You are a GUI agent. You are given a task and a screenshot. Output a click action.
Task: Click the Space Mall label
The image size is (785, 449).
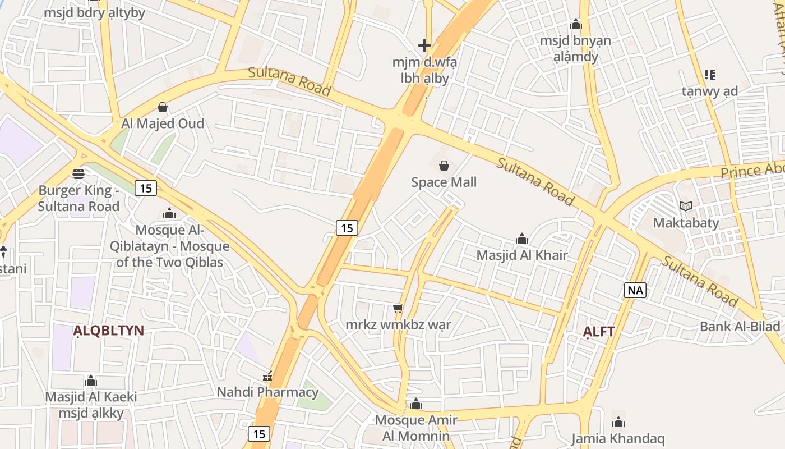pyautogui.click(x=444, y=182)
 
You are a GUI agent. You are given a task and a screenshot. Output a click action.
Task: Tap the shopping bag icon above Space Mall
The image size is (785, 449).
pyautogui.click(x=444, y=166)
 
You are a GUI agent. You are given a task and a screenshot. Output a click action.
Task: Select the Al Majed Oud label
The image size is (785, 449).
pyautogui.click(x=163, y=123)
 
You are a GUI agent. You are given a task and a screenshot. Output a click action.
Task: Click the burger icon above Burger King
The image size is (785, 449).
pyautogui.click(x=78, y=173)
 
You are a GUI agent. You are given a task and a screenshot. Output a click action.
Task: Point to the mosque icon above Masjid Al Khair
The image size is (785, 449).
pyautogui.click(x=522, y=239)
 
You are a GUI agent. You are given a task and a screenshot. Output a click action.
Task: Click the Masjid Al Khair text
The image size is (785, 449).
pyautogui.click(x=522, y=255)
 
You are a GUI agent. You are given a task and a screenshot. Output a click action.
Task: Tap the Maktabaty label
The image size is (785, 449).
pyautogui.click(x=686, y=223)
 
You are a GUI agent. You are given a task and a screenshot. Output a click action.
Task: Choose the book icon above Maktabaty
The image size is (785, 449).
pyautogui.click(x=686, y=206)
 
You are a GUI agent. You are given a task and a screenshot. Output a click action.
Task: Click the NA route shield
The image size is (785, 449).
pyautogui.click(x=635, y=290)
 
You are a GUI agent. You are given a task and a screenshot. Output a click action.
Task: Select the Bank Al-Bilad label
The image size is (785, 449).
pyautogui.click(x=740, y=327)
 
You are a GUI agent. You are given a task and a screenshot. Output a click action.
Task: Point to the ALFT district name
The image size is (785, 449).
pyautogui.click(x=599, y=332)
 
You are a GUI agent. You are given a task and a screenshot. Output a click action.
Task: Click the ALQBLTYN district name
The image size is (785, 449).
pyautogui.click(x=109, y=331)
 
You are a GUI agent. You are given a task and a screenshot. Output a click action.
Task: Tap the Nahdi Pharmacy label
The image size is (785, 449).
pyautogui.click(x=267, y=392)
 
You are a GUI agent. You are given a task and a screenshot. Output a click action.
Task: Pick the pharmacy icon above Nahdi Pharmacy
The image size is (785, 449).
pyautogui.click(x=268, y=376)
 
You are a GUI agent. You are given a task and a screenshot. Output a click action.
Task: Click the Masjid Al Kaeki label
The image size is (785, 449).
pyautogui.click(x=91, y=397)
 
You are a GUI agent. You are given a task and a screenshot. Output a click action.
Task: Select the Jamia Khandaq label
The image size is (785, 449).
pyautogui.click(x=618, y=438)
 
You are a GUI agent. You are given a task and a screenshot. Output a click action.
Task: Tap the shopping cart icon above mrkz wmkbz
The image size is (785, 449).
pyautogui.click(x=398, y=308)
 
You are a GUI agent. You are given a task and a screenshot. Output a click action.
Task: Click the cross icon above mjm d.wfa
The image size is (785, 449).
pyautogui.click(x=424, y=45)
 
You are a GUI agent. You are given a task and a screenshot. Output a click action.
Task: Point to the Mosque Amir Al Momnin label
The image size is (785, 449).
pyautogui.click(x=415, y=428)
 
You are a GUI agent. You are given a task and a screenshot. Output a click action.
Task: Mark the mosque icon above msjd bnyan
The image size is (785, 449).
pyautogui.click(x=576, y=25)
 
